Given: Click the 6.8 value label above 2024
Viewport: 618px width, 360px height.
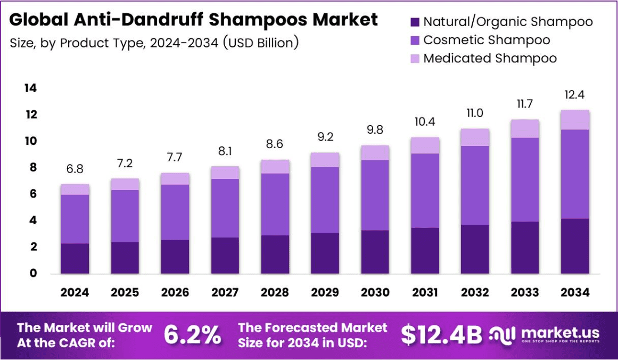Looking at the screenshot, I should click(75, 169).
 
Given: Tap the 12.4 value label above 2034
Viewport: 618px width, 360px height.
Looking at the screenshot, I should click(575, 95).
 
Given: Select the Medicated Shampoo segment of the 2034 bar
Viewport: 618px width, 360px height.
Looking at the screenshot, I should click(575, 120).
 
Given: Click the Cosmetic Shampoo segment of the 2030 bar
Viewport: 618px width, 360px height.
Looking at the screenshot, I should click(375, 195).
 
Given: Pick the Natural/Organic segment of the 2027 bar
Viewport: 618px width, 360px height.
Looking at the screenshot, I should click(225, 255).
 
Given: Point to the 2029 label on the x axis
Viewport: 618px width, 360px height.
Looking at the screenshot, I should click(325, 292).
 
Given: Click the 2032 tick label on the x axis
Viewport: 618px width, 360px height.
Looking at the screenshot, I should click(475, 292).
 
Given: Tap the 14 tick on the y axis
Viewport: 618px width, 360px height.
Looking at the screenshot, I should click(30, 88).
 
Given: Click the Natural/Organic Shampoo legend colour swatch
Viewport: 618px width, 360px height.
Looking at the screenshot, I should click(415, 22).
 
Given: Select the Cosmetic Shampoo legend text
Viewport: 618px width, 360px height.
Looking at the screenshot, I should click(487, 40).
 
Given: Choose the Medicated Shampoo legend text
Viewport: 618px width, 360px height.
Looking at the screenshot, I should click(490, 58).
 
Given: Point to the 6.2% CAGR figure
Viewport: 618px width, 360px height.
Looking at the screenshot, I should click(192, 335).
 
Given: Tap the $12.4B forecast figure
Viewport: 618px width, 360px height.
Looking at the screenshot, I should click(441, 335).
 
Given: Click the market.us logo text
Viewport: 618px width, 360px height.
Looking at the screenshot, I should click(560, 332).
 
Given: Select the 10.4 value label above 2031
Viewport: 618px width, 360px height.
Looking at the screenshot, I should click(425, 121).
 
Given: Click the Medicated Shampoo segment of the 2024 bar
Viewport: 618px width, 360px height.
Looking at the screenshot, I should click(75, 189).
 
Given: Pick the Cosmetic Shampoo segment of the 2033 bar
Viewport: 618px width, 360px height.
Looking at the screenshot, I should click(525, 179).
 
